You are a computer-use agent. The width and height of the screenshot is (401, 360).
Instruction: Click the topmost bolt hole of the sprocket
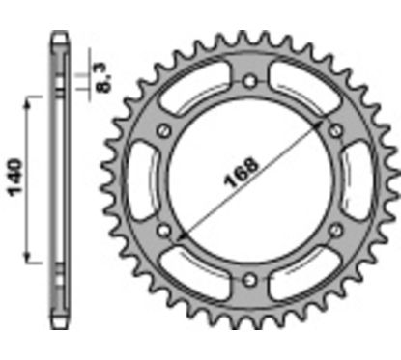coord(251,82)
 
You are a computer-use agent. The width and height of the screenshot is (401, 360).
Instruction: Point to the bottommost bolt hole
coord(251,279)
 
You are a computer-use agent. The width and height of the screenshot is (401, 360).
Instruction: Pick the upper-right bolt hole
coord(336,130)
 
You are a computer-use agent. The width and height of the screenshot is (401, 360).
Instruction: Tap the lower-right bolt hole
coord(336,230)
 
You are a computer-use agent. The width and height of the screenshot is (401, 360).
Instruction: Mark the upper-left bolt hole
coord(165,130)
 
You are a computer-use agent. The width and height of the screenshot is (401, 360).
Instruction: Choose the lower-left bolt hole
coord(165,231)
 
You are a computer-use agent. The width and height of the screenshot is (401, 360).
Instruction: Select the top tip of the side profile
coord(61,37)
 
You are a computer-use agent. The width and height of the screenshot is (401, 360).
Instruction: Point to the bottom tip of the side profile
coord(61,325)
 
